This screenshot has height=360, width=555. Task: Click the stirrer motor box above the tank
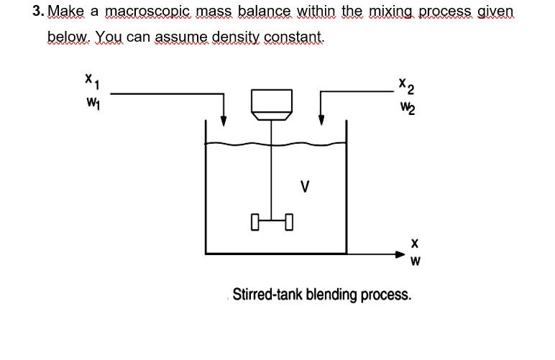(x=270, y=104)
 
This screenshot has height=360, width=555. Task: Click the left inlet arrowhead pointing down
(x=224, y=119)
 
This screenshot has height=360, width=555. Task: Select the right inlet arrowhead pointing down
(x=321, y=119)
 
